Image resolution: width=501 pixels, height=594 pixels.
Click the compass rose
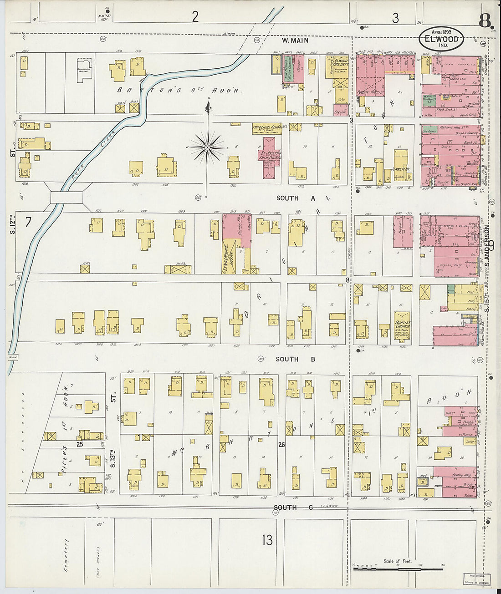click(x=208, y=147)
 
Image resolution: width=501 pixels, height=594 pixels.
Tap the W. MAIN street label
click(x=295, y=41)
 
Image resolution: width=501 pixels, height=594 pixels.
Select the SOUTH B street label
click(x=296, y=359)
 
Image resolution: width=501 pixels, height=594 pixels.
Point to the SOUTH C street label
click(x=293, y=508)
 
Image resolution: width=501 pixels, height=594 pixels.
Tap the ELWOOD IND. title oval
click(x=441, y=39)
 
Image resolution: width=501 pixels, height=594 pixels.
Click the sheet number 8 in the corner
click(x=486, y=20)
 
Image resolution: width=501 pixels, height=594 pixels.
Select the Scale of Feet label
click(x=397, y=561)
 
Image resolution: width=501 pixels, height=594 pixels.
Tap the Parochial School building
click(x=266, y=129)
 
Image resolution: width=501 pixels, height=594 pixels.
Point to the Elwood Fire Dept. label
click(x=341, y=63)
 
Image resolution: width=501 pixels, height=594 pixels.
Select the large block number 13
click(x=267, y=540)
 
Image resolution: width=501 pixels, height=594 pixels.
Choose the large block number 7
click(x=28, y=223)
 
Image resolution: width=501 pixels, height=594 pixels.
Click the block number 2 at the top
click(x=195, y=17)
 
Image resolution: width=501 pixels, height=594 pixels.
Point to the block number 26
click(x=282, y=445)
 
